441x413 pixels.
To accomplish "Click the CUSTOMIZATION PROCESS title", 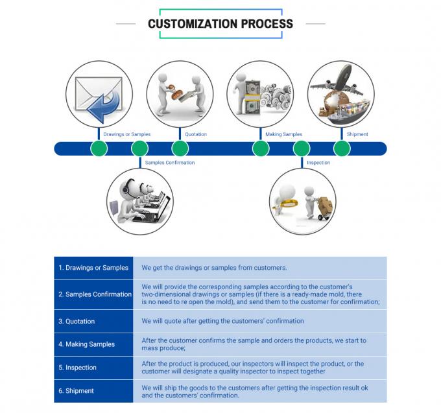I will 220,24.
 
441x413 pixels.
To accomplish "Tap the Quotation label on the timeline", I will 196,135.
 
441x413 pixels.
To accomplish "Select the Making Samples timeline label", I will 283,135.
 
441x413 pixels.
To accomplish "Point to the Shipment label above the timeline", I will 357,135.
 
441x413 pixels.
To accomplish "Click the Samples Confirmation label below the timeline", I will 169,163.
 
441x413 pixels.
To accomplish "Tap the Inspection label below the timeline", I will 318,163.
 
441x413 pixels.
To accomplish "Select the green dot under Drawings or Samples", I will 99,148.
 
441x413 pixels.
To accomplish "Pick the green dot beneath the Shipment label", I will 342,148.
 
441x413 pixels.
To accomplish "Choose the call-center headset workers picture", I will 139,201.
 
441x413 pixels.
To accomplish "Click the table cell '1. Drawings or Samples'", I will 93,268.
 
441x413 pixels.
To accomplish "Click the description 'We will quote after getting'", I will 222,322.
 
